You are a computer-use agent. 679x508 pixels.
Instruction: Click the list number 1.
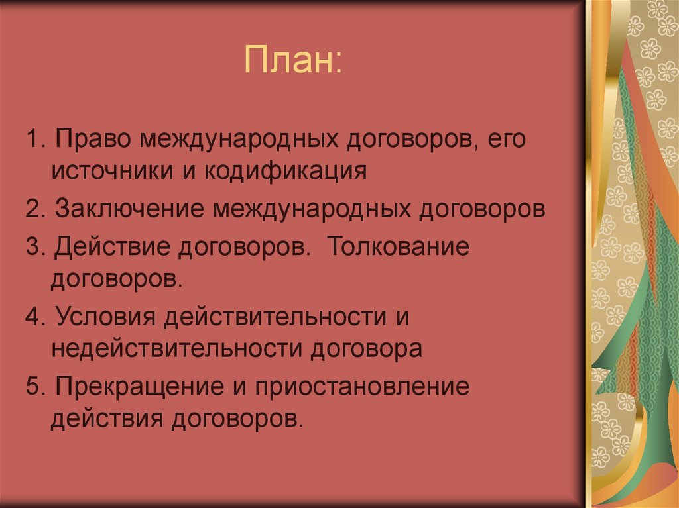coord(34,141)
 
